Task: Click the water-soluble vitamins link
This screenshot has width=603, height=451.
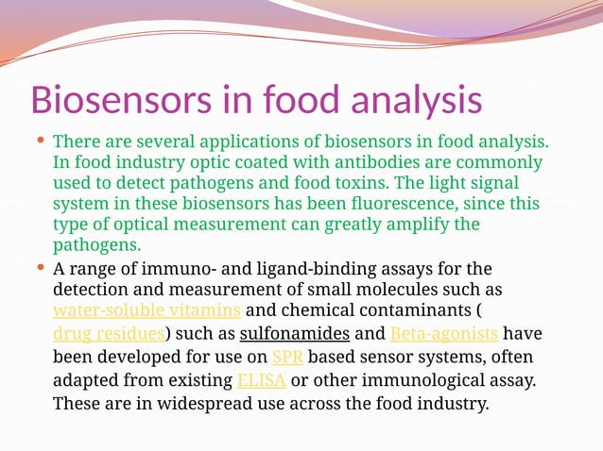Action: [146, 310]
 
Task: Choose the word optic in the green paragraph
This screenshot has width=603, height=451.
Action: [195, 162]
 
